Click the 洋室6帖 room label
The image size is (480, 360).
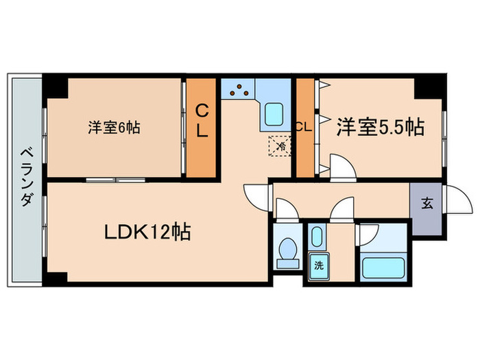coord(115,128)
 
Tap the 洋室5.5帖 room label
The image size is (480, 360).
coord(379,127)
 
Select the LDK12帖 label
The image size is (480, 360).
coord(147,232)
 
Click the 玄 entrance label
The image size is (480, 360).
coord(427,203)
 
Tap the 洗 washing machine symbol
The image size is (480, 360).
coord(318,265)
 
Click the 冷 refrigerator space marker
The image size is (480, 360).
coord(281,145)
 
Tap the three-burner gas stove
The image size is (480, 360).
coord(238,90)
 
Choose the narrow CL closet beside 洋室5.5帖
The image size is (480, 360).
coord(304,128)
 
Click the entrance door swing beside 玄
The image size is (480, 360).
coord(453,199)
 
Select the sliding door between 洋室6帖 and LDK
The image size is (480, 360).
coord(115,180)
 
